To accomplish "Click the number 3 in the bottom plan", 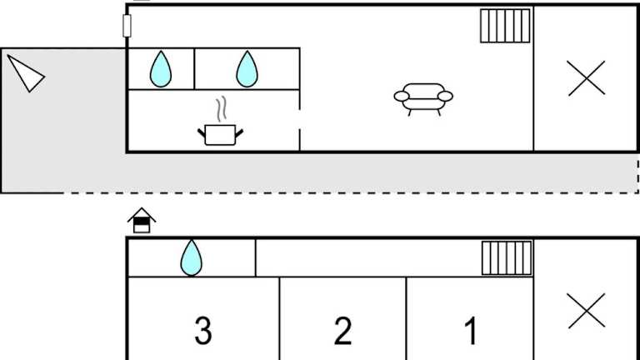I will pyautogui.click(x=202, y=331).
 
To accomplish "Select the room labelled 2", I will pyautogui.click(x=342, y=331).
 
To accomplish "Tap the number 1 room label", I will pyautogui.click(x=470, y=331).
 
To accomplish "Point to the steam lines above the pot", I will pyautogui.click(x=221, y=109).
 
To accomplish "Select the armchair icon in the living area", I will pyautogui.click(x=423, y=97).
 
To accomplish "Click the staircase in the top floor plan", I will pyautogui.click(x=506, y=25).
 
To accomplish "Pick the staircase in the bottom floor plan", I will pyautogui.click(x=506, y=257).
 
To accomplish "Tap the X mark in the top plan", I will pyautogui.click(x=586, y=78).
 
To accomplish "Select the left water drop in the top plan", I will pyautogui.click(x=161, y=69).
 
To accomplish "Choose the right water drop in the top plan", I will pyautogui.click(x=247, y=69).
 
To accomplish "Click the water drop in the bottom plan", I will pyautogui.click(x=192, y=257).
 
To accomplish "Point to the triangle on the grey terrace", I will pyautogui.click(x=26, y=71).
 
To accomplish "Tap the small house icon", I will pyautogui.click(x=142, y=221).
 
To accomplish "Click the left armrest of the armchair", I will pyautogui.click(x=402, y=97).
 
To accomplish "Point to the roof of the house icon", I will pyautogui.click(x=142, y=214).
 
